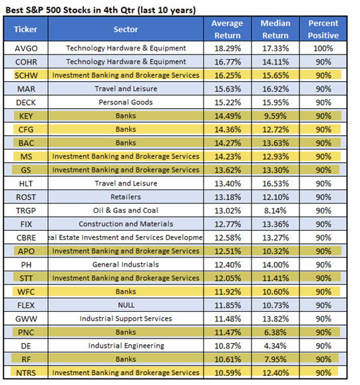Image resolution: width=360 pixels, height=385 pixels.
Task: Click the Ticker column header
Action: coord(26,29)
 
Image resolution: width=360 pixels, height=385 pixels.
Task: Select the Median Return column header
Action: coord(275,29)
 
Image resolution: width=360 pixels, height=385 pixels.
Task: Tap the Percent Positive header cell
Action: coord(323,29)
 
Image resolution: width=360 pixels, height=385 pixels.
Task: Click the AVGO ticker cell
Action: coord(26,48)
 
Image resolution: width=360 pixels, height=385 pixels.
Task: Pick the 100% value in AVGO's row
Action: coord(323,48)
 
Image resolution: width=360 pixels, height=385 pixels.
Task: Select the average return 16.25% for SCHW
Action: coord(228,75)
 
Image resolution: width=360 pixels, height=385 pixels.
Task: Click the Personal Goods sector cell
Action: coord(126,102)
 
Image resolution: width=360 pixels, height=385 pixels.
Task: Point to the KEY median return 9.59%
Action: coord(275,116)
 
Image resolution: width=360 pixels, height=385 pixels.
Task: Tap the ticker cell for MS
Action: coord(26,156)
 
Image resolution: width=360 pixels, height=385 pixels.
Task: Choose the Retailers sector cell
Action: coord(126,197)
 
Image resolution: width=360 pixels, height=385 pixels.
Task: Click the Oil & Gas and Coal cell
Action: coord(126,210)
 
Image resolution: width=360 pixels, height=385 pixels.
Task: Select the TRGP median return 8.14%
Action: coord(275,210)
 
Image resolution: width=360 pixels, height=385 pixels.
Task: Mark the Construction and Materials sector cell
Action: coord(126,224)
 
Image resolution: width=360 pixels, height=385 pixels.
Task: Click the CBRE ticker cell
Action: coord(26,237)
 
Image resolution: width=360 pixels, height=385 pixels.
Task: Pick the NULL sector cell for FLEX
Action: coord(126,305)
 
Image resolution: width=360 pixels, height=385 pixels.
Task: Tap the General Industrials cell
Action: coord(126,265)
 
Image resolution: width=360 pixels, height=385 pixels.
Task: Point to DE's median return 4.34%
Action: coord(275,346)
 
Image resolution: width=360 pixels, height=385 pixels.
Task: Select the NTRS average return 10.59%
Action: coord(228,373)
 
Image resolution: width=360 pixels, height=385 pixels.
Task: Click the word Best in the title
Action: coord(15,10)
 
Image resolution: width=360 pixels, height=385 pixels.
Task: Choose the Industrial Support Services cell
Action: coord(126,319)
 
